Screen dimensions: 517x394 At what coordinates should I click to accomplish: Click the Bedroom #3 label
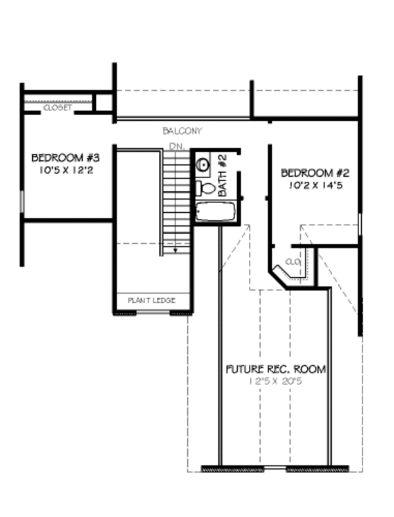[x=65, y=158]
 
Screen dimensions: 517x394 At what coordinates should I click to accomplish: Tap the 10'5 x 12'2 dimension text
[x=65, y=169]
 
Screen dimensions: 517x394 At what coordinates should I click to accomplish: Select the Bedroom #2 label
[x=314, y=173]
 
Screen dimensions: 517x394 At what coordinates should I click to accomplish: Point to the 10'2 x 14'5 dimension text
[x=317, y=185]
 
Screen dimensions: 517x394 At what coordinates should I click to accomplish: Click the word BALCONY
[x=183, y=131]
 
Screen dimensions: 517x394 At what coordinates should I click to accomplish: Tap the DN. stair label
[x=175, y=145]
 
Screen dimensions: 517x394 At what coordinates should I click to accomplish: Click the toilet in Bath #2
[x=206, y=189]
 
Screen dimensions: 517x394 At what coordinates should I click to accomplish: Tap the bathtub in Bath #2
[x=215, y=212]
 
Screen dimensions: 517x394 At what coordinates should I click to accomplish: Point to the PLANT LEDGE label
[x=152, y=300]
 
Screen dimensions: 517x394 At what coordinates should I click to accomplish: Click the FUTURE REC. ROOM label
[x=276, y=369]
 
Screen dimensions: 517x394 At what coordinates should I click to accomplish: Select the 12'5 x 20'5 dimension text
[x=275, y=382]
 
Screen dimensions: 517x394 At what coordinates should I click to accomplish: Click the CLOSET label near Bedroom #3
[x=57, y=107]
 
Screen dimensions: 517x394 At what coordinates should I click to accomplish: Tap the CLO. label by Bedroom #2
[x=294, y=261]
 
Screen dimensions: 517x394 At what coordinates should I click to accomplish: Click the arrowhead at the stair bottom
[x=175, y=250]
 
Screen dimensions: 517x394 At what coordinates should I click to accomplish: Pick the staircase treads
[x=175, y=197]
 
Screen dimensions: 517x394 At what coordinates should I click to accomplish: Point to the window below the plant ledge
[x=152, y=313]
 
